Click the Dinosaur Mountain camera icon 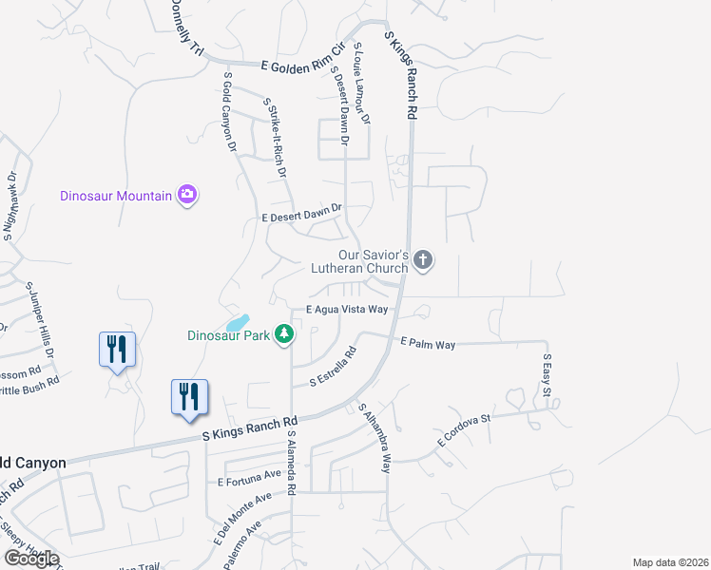(187, 196)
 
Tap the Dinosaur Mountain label (116, 197)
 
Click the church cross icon (424, 258)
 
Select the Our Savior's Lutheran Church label (374, 261)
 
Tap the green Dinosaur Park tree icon (283, 333)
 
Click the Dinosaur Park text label (228, 335)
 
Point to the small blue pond (238, 323)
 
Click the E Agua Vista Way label (346, 310)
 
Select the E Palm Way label (428, 343)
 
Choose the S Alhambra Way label (375, 438)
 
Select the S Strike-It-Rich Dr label (276, 138)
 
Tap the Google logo (30, 559)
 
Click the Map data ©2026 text (669, 562)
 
